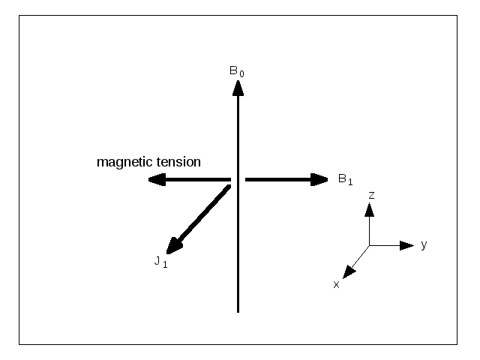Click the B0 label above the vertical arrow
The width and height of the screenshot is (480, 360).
pyautogui.click(x=237, y=72)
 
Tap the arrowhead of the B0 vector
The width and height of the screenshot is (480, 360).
pyautogui.click(x=238, y=88)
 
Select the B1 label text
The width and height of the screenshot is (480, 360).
pyautogui.click(x=345, y=179)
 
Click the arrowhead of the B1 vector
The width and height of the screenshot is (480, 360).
pyautogui.click(x=319, y=180)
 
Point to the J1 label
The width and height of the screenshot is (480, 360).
pyautogui.click(x=160, y=262)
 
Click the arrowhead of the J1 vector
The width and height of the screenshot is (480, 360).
pyautogui.click(x=174, y=246)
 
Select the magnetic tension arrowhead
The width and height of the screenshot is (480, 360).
pyautogui.click(x=157, y=180)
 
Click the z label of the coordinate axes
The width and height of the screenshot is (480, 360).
pyautogui.click(x=372, y=195)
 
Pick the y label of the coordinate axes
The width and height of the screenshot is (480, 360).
pyautogui.click(x=424, y=245)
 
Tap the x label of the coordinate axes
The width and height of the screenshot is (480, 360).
pyautogui.click(x=336, y=285)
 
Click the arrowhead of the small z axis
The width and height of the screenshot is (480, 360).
pyautogui.click(x=370, y=210)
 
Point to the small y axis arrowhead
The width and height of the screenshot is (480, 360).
pyautogui.click(x=406, y=245)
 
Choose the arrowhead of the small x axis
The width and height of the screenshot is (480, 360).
pyautogui.click(x=349, y=272)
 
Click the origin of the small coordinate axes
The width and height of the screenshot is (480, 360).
pyautogui.click(x=370, y=245)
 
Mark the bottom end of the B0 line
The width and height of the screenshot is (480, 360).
pyautogui.click(x=238, y=312)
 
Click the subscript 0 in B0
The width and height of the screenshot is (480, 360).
pyautogui.click(x=241, y=74)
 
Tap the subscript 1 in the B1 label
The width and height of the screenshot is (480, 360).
pyautogui.click(x=350, y=182)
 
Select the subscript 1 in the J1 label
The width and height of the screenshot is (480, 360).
pyautogui.click(x=165, y=265)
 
